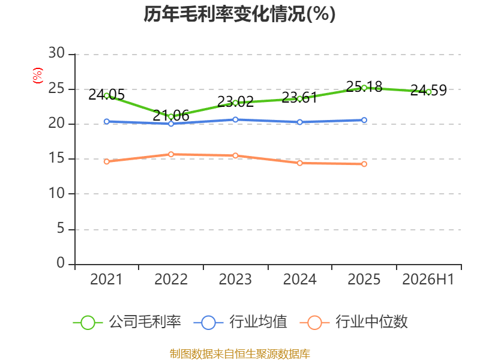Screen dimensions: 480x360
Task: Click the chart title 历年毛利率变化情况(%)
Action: pos(239,14)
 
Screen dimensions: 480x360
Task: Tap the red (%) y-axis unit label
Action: pos(38,76)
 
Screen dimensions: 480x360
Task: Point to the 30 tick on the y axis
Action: pos(56,53)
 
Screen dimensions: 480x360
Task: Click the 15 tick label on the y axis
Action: pos(56,158)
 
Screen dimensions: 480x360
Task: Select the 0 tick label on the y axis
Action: pos(61,263)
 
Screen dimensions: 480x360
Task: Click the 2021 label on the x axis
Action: pos(106,279)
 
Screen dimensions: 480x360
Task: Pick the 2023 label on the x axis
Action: pos(235,279)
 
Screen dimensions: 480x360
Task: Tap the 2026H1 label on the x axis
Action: pos(428,279)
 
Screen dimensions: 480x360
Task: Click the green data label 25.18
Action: pos(364,86)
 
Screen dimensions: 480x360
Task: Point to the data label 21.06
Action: pos(171,115)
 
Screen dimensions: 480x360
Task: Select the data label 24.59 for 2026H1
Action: pos(428,90)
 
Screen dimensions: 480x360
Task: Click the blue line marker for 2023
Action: pos(235,119)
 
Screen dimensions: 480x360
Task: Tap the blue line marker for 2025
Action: pos(364,121)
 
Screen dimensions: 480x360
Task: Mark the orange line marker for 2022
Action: pos(171,154)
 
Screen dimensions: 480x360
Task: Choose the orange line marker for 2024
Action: pos(300,163)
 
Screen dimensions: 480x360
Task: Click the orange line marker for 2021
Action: pos(107,161)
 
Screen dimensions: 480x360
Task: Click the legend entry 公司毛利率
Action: pos(127,322)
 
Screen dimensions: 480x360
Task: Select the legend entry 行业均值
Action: pos(241,322)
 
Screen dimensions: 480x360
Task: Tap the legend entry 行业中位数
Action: pos(353,322)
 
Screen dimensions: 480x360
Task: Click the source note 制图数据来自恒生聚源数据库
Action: pos(240,354)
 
